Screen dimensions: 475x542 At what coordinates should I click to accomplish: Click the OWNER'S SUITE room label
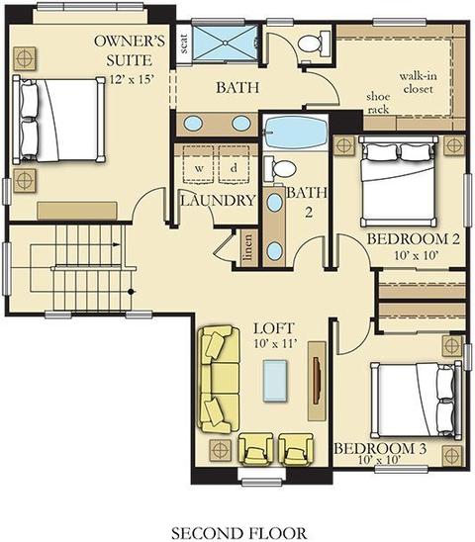[x=130, y=50]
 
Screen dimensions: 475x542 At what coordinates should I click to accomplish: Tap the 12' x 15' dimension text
[x=132, y=79]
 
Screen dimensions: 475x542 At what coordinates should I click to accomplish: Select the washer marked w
[x=198, y=165]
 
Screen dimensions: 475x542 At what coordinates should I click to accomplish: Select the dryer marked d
[x=234, y=165]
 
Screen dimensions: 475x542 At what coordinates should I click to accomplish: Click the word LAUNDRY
[x=219, y=201]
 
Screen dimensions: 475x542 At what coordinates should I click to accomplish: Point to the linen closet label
[x=247, y=248]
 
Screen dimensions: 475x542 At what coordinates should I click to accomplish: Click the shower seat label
[x=184, y=44]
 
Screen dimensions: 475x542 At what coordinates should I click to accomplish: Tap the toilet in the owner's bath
[x=314, y=43]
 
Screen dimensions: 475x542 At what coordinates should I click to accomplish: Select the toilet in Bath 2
[x=280, y=168]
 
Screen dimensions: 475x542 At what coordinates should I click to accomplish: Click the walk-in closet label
[x=418, y=82]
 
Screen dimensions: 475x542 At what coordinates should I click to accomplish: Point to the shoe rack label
[x=378, y=103]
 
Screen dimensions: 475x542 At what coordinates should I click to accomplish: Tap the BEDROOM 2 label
[x=413, y=238]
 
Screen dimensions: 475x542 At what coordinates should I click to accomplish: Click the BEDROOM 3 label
[x=380, y=448]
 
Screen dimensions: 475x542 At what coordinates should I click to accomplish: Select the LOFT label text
[x=274, y=328]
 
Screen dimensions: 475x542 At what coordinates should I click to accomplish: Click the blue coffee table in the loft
[x=275, y=380]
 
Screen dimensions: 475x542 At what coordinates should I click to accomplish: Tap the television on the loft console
[x=317, y=381]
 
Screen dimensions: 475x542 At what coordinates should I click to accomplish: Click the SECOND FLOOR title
[x=238, y=533]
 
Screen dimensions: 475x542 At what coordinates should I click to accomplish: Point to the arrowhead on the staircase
[x=117, y=244]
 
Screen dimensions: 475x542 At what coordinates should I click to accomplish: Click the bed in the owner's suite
[x=58, y=120]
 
